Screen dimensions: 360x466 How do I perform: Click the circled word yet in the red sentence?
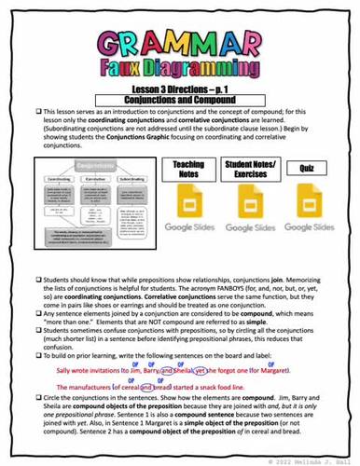tap(220, 372)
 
